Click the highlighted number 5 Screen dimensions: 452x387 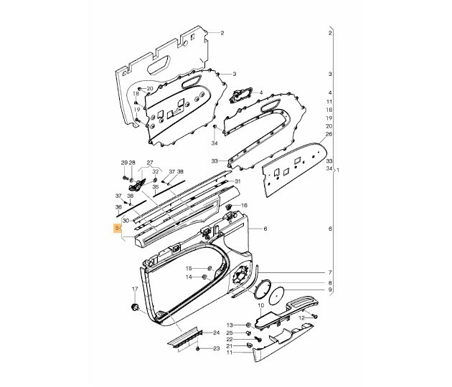tap(117, 229)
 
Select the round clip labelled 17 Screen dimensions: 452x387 tap(134, 307)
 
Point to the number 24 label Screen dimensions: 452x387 tap(216, 333)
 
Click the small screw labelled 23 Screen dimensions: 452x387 tap(198, 349)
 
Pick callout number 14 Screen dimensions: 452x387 tap(189, 277)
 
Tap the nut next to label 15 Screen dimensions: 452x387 tap(209, 268)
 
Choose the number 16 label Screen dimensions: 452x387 tap(244, 205)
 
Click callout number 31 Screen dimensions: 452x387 tap(237, 181)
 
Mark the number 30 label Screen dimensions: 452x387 tap(126, 221)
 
